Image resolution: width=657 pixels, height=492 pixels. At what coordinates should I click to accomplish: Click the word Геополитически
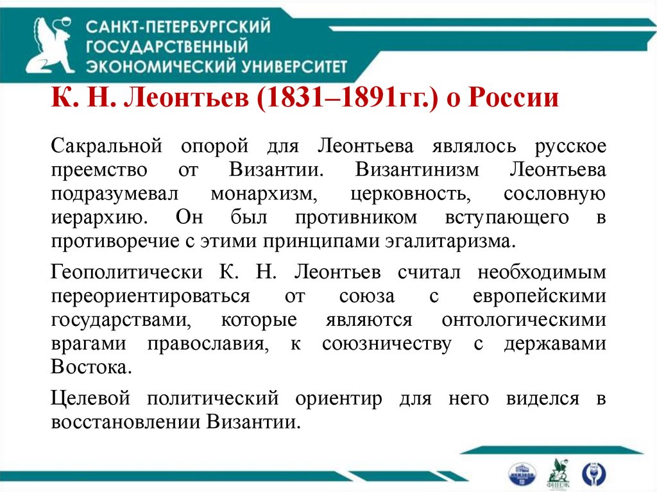pyautogui.click(x=126, y=272)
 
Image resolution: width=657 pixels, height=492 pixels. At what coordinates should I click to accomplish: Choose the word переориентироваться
pyautogui.click(x=150, y=296)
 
